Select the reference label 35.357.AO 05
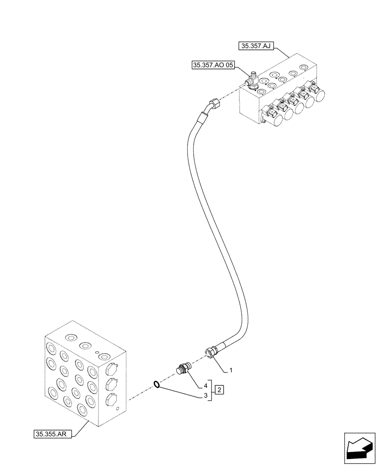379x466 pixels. pos(212,65)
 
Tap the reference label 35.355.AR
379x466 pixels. pos(53,434)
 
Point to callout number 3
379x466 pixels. pos(205,396)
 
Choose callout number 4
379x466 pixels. pos(205,386)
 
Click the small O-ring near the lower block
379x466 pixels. pos(157,384)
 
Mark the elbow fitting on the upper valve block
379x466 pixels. pos(252,83)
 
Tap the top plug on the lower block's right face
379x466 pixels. pos(111,369)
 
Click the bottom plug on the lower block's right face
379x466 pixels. pos(111,400)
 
